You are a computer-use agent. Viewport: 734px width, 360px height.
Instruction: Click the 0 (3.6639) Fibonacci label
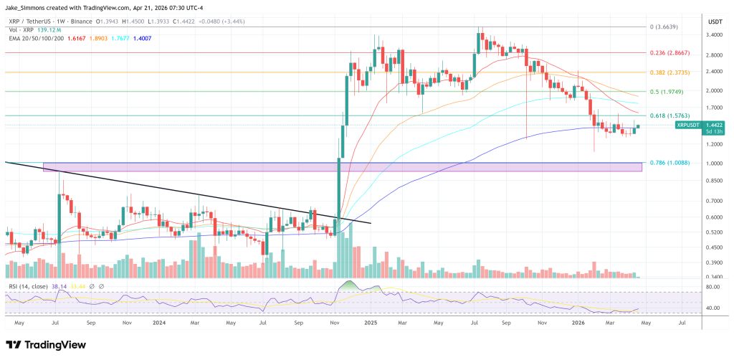663,27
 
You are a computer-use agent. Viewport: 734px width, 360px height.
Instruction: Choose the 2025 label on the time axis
370,323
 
